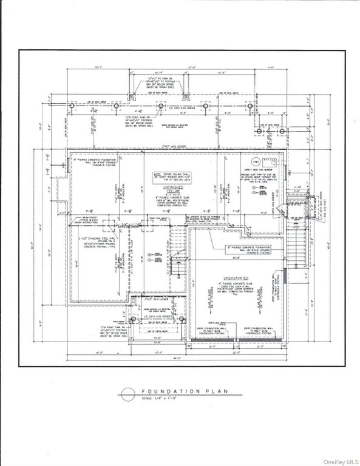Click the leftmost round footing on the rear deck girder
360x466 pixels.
tap(72, 106)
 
